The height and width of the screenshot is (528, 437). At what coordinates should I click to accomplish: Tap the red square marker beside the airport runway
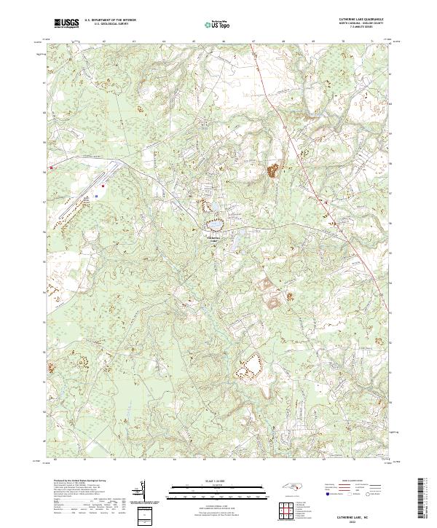point(103,186)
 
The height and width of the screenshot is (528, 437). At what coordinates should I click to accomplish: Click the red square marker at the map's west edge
point(52,170)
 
